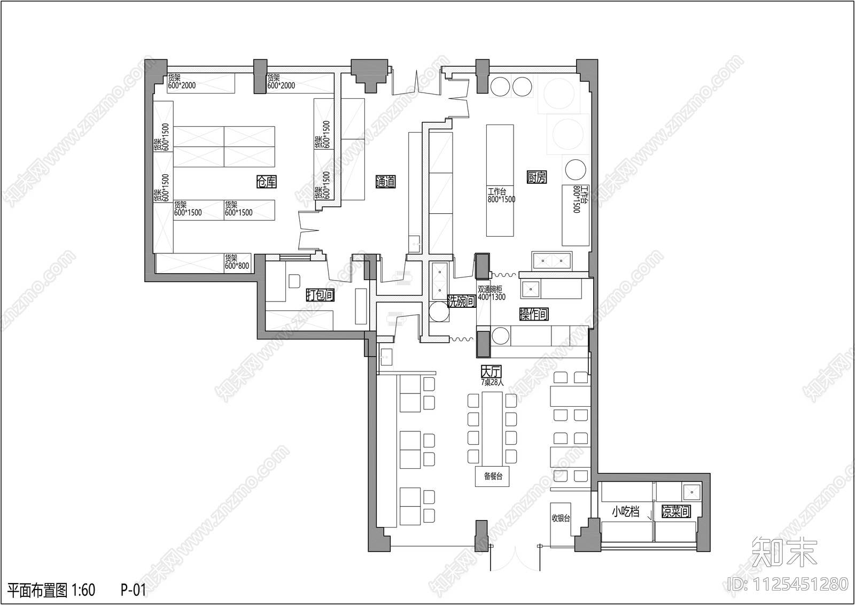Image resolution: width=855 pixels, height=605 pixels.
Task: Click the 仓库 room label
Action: point(266,182)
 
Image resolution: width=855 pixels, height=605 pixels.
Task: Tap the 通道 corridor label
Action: point(385,182)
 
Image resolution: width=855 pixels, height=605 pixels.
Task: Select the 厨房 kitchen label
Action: point(537,177)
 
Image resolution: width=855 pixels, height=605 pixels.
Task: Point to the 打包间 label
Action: point(320,294)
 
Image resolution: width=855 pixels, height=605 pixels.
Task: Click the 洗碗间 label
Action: point(461,301)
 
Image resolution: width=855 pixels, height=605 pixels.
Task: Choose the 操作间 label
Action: point(534,314)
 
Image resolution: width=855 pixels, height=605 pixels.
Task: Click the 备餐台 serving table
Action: point(493,476)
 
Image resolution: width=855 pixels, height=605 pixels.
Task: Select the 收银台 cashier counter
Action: point(561,518)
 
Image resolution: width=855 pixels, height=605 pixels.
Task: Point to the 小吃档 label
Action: point(625,511)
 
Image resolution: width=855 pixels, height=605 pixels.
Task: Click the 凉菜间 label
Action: point(676,511)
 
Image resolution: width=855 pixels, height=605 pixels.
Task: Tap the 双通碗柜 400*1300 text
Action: point(491,293)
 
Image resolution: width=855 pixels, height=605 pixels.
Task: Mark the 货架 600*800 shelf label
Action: point(237,261)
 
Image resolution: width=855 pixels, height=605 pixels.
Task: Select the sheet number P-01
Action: point(133,590)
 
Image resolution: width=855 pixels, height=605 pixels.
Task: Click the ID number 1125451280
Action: point(788,584)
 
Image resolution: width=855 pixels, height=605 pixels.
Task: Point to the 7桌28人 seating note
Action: point(491,382)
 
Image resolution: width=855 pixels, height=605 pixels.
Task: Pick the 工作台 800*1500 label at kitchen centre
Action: point(501,195)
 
